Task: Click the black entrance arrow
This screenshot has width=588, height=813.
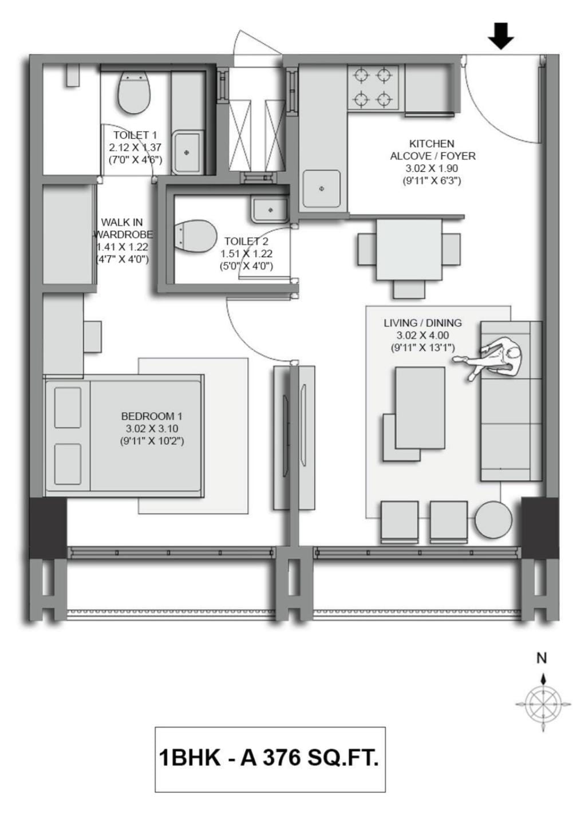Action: [x=501, y=36]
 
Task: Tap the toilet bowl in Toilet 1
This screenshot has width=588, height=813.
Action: [x=135, y=92]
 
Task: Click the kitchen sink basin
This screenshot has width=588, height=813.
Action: [x=322, y=188]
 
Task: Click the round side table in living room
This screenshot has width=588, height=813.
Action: [x=494, y=519]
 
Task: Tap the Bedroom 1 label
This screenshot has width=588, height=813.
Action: [x=152, y=416]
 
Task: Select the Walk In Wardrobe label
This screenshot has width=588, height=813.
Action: [x=123, y=228]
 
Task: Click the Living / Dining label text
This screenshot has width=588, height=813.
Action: [x=423, y=323]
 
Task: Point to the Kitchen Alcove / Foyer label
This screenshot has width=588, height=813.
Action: [x=432, y=150]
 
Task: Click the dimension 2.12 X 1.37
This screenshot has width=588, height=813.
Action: [x=135, y=147]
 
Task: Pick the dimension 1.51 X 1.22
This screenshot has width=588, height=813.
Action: [x=246, y=254]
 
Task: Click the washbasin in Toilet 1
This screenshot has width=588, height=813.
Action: [x=187, y=152]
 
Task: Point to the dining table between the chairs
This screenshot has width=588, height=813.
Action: [x=409, y=250]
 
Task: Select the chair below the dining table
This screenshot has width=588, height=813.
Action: [x=409, y=290]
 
